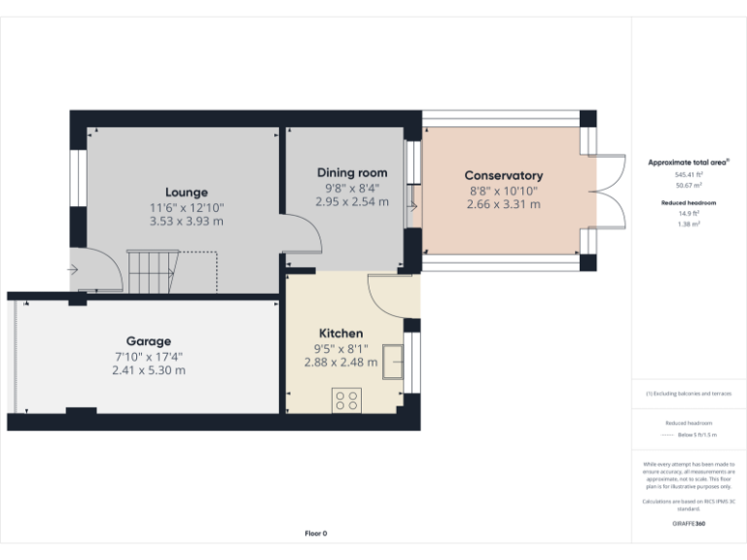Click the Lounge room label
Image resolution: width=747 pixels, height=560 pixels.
(x=186, y=192)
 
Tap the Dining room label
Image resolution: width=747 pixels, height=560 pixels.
(x=351, y=173)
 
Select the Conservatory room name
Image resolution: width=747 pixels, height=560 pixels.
(x=503, y=176)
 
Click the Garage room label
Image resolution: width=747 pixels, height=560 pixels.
(x=148, y=341)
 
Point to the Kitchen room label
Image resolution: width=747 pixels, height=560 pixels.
(x=340, y=333)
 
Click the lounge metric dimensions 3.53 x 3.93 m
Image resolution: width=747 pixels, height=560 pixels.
(x=186, y=222)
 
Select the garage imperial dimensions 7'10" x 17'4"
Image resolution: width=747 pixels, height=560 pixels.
(x=148, y=356)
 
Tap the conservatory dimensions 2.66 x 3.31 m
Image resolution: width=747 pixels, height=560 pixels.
(x=503, y=204)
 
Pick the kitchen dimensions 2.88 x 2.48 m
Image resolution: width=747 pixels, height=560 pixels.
(x=340, y=363)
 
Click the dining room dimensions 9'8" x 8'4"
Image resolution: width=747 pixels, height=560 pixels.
(x=351, y=188)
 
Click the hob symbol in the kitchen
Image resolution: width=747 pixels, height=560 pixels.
(x=346, y=400)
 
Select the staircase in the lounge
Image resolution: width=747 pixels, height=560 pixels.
(x=154, y=270)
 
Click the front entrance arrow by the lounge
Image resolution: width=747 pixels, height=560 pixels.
(x=73, y=269)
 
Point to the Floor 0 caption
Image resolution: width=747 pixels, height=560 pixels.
(x=316, y=533)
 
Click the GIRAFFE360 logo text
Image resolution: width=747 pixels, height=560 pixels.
(x=689, y=524)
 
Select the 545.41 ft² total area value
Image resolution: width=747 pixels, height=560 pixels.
(x=689, y=174)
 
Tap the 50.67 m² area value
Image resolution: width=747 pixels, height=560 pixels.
(x=689, y=184)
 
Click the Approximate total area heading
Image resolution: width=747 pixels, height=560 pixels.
(x=688, y=162)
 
